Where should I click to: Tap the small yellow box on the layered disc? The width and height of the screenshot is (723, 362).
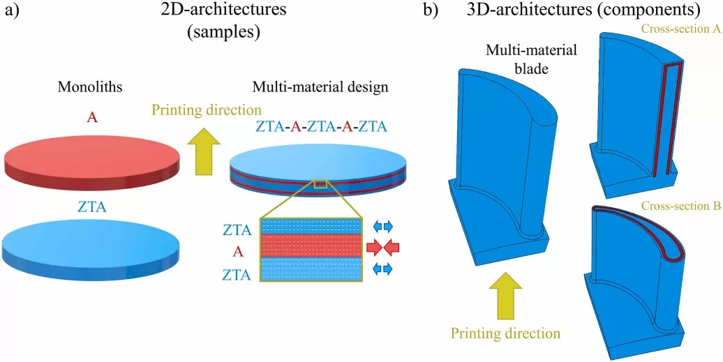point(321,184)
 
